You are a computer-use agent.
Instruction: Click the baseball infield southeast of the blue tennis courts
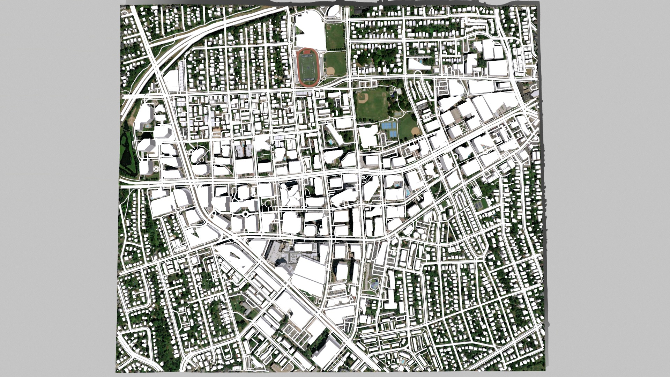[x=415, y=132]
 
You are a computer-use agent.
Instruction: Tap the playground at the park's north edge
[x=396, y=92]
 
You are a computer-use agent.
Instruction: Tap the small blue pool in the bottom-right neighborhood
[x=403, y=361]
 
